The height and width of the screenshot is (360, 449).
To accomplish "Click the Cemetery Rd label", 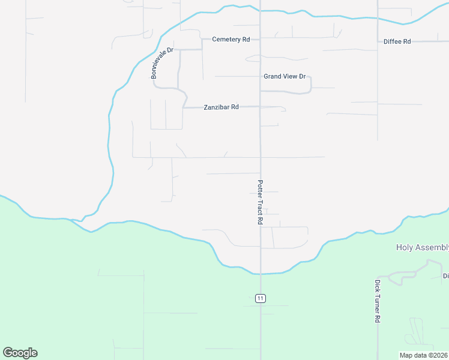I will click(x=231, y=40).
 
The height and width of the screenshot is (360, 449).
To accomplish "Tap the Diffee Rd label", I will click(x=397, y=41).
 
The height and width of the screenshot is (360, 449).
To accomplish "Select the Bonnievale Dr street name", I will click(x=162, y=62).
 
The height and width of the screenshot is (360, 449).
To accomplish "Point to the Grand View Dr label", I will click(x=285, y=77).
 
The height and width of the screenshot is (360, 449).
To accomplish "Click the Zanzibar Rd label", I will click(x=221, y=107).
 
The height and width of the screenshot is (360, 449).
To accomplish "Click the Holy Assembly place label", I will click(x=423, y=247).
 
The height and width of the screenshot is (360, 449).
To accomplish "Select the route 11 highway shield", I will click(x=260, y=298).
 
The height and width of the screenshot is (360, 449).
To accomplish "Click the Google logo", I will click(x=20, y=353).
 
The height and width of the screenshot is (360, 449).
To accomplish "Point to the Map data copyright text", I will click(x=424, y=355).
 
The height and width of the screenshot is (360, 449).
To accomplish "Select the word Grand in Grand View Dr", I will click(x=273, y=77).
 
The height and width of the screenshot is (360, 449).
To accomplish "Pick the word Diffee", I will click(x=393, y=41).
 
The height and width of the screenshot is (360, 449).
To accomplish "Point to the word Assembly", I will click(x=432, y=247).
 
